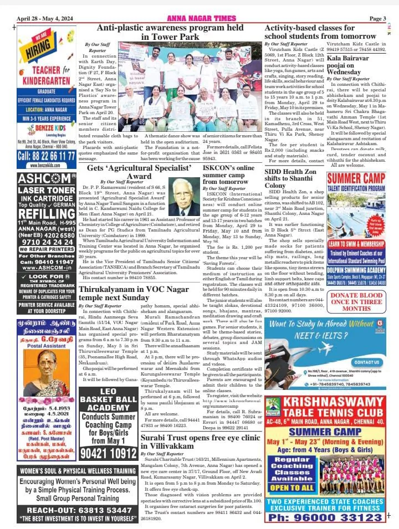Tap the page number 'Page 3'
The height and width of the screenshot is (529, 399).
(377, 18)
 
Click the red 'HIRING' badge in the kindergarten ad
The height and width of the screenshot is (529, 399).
(39, 46)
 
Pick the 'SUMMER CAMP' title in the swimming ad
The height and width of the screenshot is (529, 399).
(356, 179)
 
